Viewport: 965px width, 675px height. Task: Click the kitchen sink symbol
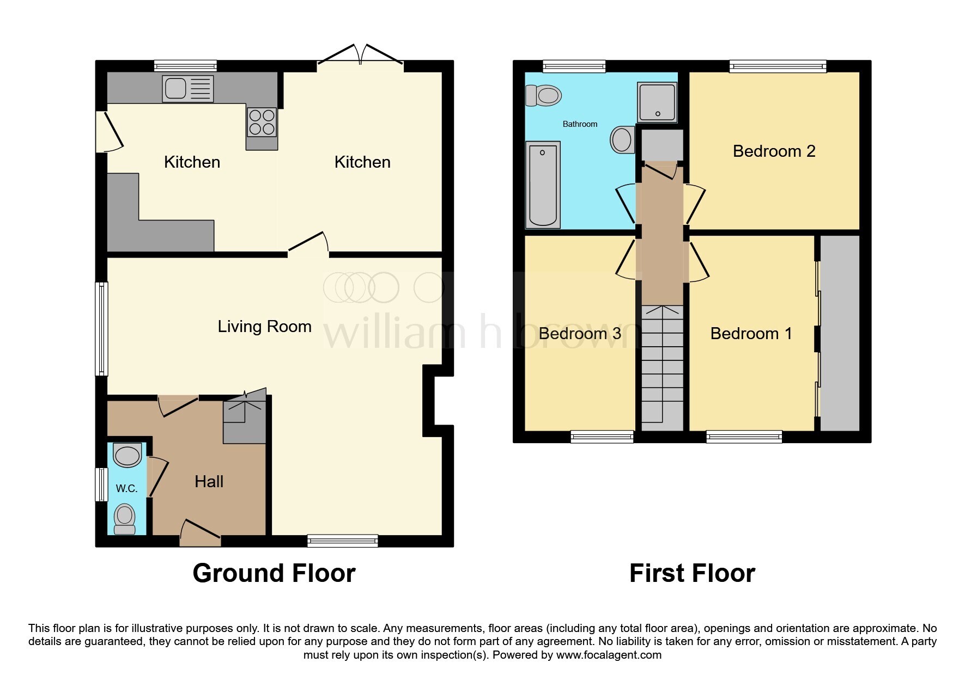point(187,89)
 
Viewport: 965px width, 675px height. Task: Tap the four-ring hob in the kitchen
point(262,122)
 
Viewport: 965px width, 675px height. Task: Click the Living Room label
point(264,327)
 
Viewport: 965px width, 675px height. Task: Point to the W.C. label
point(126,489)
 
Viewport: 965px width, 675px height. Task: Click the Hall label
point(209,482)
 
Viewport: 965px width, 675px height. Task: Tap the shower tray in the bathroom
point(657,102)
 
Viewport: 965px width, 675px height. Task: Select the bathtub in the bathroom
point(543,185)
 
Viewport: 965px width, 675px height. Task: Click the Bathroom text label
point(580,124)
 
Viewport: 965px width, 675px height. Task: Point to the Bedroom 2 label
point(774,151)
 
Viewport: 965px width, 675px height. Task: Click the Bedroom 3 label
point(579,334)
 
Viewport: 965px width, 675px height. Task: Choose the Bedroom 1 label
point(751,334)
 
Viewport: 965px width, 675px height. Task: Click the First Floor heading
point(691,573)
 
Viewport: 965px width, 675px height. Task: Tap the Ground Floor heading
point(274,573)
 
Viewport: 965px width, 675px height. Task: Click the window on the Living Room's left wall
point(102,329)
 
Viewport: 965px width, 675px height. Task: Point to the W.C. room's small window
point(101,484)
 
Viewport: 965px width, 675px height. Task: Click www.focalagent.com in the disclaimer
point(609,655)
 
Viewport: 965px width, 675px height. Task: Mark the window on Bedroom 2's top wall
point(778,66)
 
